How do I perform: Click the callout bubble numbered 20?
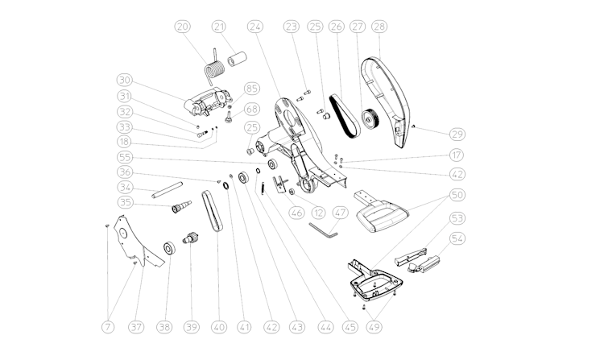pyautogui.click(x=183, y=27)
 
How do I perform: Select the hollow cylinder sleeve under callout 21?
pyautogui.click(x=237, y=60)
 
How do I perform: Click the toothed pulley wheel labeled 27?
pyautogui.click(x=370, y=119)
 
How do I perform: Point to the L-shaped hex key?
pyautogui.click(x=323, y=230)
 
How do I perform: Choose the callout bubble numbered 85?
pyautogui.click(x=252, y=89)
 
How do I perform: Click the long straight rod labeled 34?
pyautogui.click(x=167, y=190)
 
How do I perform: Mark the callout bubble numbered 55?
pyautogui.click(x=124, y=157)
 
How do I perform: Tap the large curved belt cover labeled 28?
pyautogui.click(x=385, y=101)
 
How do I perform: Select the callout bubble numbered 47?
pyautogui.click(x=341, y=213)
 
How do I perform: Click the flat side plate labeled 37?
pyautogui.click(x=138, y=242)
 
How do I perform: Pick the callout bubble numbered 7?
pyautogui.click(x=108, y=327)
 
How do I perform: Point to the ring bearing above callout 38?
pyautogui.click(x=169, y=248)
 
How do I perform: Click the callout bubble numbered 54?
pyautogui.click(x=457, y=238)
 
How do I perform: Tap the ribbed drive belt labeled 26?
pyautogui.click(x=345, y=116)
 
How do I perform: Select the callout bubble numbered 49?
pyautogui.click(x=374, y=327)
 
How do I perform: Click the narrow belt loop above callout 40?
pyautogui.click(x=212, y=211)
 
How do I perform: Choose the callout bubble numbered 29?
pyautogui.click(x=457, y=134)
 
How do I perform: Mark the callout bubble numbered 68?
pyautogui.click(x=252, y=109)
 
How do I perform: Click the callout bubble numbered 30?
pyautogui.click(x=124, y=80)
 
